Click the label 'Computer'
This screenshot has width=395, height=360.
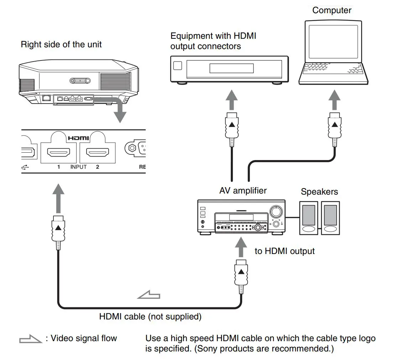pyautogui.click(x=332, y=10)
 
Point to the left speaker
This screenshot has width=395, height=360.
pyautogui.click(x=308, y=217)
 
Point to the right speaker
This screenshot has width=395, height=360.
pyautogui.click(x=330, y=217)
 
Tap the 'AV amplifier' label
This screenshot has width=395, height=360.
pyautogui.click(x=243, y=191)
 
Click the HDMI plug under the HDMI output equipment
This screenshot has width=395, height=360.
pyautogui.click(x=232, y=126)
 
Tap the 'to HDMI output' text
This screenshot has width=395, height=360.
pyautogui.click(x=284, y=251)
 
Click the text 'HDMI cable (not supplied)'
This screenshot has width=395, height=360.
pyautogui.click(x=150, y=316)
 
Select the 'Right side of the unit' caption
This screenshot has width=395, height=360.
pyautogui.click(x=61, y=44)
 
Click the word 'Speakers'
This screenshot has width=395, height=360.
pyautogui.click(x=319, y=192)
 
